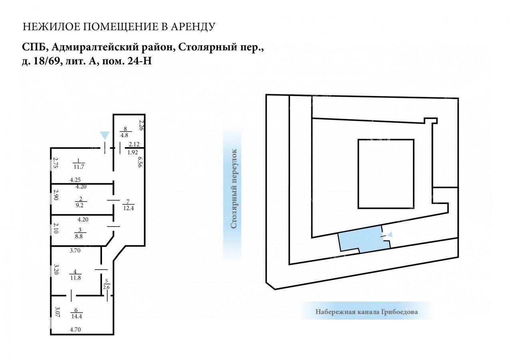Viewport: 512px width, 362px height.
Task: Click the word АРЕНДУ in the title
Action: [193, 27]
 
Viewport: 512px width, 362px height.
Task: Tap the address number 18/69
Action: [48, 61]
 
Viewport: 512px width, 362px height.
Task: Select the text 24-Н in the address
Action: [140, 61]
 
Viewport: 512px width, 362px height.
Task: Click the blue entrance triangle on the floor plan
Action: [105, 136]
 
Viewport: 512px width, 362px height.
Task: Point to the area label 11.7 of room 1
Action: [79, 167]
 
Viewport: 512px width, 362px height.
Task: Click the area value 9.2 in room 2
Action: [80, 205]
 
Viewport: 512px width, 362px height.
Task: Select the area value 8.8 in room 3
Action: [79, 236]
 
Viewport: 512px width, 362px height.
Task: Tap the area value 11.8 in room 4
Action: [76, 278]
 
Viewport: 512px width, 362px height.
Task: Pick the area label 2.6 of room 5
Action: [106, 287]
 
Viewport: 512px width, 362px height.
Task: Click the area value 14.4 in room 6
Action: [76, 316]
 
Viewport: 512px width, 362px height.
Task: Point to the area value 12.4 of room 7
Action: [128, 208]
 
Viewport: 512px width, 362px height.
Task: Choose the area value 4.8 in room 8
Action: [124, 135]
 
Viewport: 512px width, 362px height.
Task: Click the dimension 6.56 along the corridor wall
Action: [140, 162]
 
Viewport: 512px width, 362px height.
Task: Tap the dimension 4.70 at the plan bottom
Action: [76, 330]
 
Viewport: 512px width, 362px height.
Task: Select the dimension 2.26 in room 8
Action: [141, 125]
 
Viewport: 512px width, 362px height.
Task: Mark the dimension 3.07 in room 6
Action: [57, 312]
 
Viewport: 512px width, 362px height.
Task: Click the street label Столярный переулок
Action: [234, 189]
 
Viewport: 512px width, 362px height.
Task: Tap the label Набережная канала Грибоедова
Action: [367, 312]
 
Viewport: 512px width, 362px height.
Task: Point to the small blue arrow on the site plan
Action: [390, 234]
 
